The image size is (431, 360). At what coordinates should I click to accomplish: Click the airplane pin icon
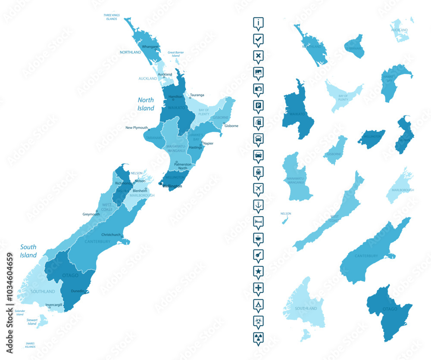(x=258, y=188)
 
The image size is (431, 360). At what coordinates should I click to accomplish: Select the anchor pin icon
(x=258, y=205)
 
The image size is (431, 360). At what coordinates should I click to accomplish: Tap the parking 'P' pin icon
(x=258, y=106)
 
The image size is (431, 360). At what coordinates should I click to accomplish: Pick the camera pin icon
(x=258, y=89)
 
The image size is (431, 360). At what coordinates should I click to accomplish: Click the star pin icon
(x=258, y=271)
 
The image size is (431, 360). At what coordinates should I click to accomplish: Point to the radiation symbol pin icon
(x=258, y=337)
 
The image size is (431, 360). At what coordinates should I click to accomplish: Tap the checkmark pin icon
(x=258, y=39)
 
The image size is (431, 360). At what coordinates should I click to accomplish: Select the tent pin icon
(x=258, y=304)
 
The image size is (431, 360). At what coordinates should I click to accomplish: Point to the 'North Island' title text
(x=146, y=104)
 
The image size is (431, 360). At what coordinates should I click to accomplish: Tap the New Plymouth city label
(x=136, y=127)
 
